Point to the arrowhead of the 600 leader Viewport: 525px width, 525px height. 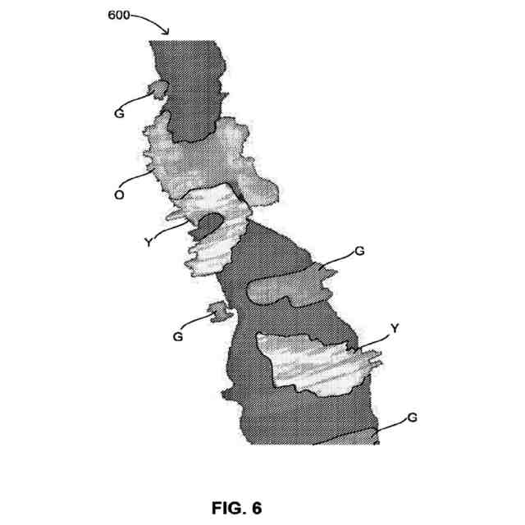[x=167, y=33]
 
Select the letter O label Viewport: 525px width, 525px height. [x=120, y=195]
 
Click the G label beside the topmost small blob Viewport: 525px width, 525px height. [x=120, y=114]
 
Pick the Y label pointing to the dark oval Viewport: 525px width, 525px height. [x=148, y=241]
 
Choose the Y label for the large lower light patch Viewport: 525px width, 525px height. [x=395, y=328]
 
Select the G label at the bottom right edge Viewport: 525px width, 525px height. [x=413, y=418]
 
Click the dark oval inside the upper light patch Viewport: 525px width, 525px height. [x=209, y=222]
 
